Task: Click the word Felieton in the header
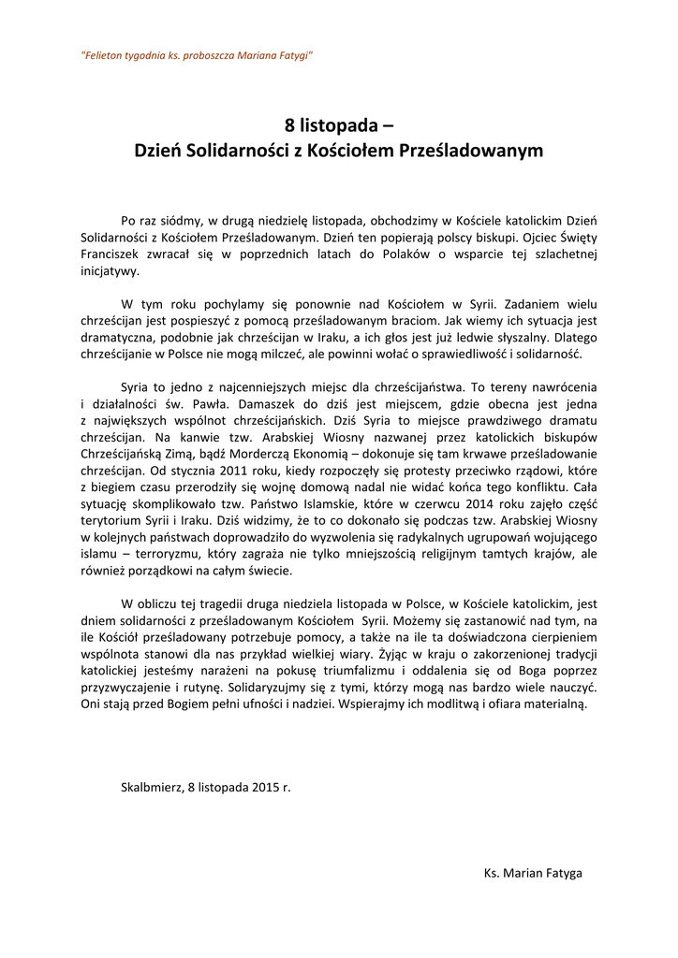pos(103,56)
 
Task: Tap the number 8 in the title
pos(290,125)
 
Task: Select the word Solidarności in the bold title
pos(235,150)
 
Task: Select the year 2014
pos(456,504)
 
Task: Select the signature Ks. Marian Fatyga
pos(533,873)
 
